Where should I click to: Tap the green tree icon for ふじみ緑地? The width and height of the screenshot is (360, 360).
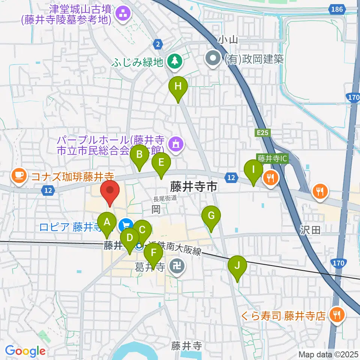tap(174, 60)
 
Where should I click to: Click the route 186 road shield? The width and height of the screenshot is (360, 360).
tap(337, 9)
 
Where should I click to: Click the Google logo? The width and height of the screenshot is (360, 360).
tap(25, 351)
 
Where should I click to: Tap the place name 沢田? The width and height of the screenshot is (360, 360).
tap(310, 229)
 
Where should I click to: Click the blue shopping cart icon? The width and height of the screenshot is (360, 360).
tap(125, 226)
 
